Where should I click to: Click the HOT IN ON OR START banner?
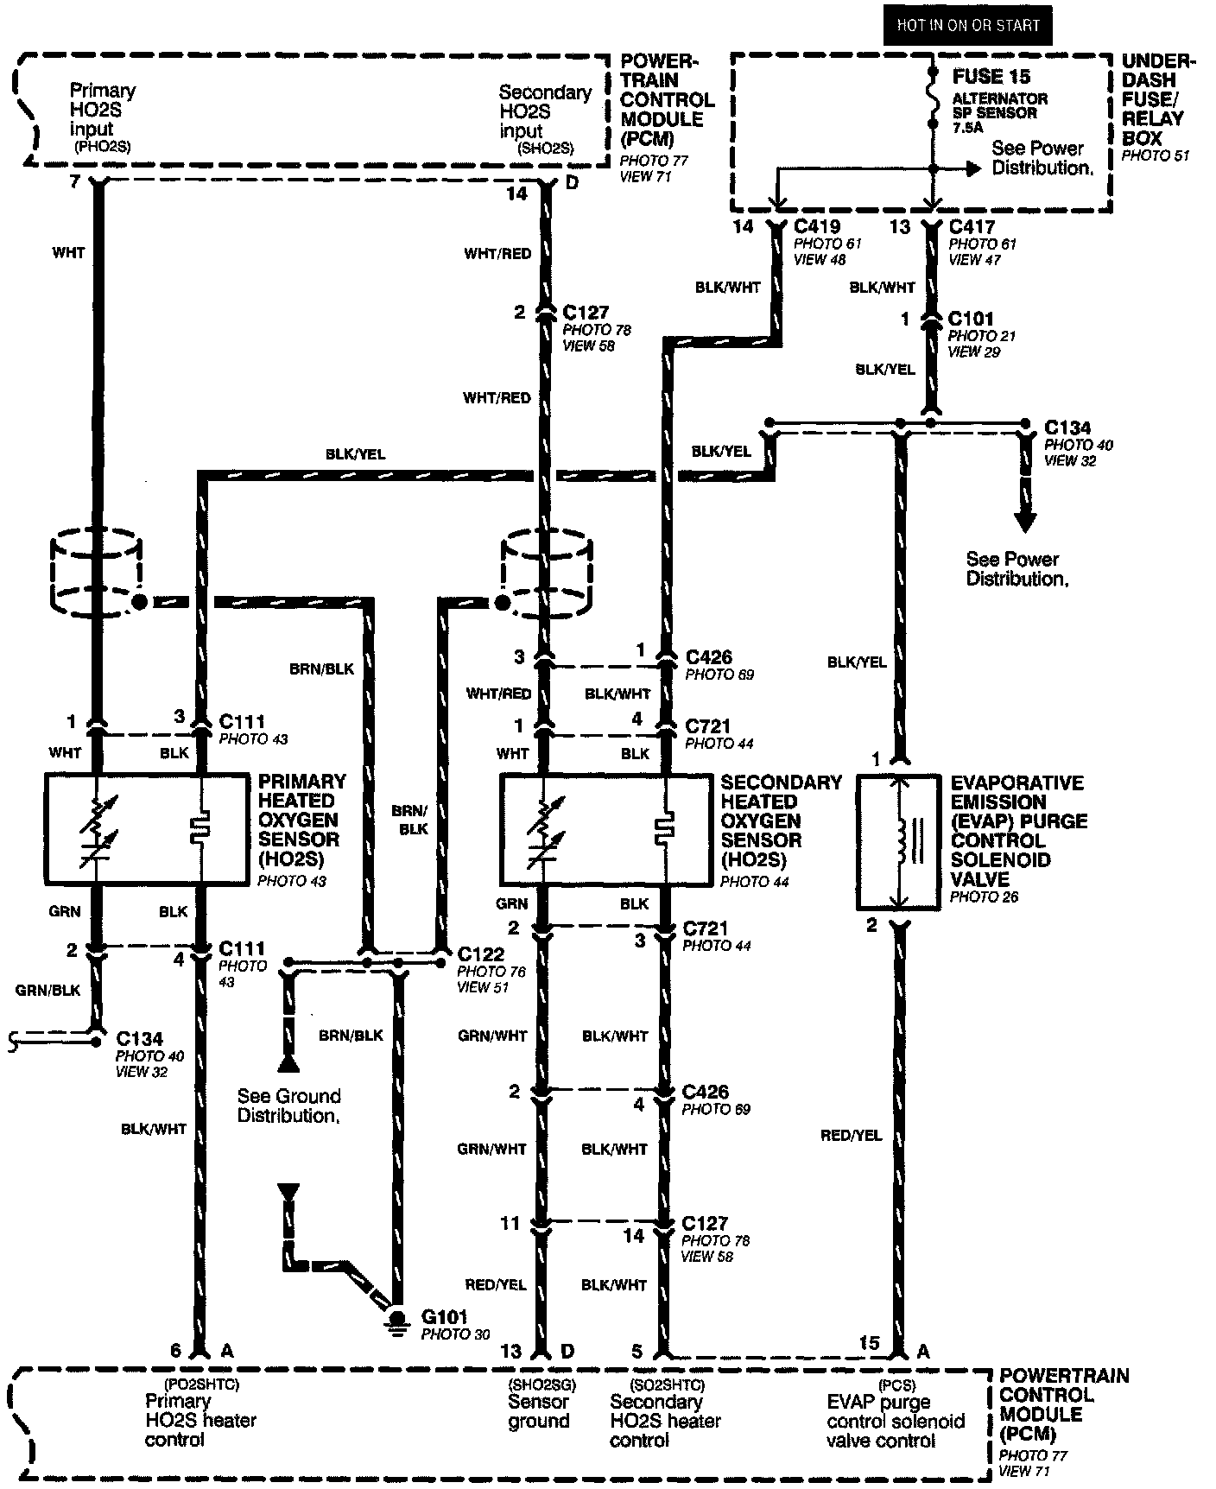pos(967,25)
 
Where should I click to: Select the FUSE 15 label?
pos(991,77)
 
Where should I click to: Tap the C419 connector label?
pos(817,227)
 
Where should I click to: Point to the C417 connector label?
pos(972,227)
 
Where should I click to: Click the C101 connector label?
pos(971,319)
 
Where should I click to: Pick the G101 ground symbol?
pos(398,1321)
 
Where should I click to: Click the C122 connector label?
pos(480,954)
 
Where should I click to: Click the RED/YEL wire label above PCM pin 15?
pos(851,1136)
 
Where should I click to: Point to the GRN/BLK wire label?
pos(47,991)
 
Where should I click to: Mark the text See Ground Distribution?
pos(288,1106)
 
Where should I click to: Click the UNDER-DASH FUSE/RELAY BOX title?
pos(1157,99)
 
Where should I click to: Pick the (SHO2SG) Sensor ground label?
pos(540,1412)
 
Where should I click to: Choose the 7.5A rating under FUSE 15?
pos(967,128)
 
